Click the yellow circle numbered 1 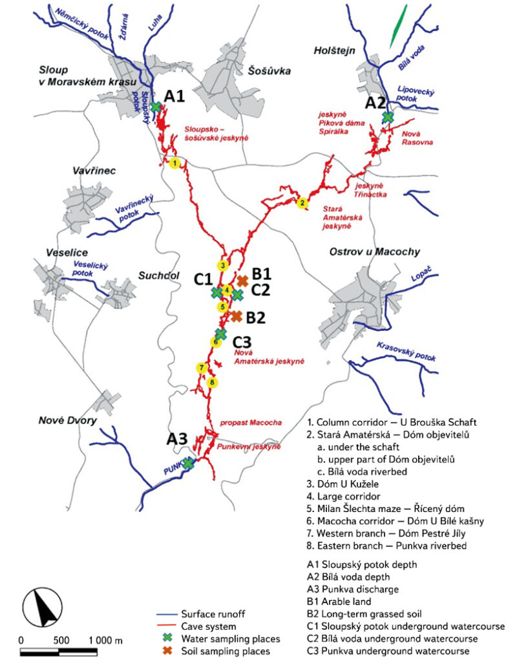(x=174, y=163)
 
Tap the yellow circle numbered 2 (x=302, y=203)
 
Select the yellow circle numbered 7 (x=202, y=368)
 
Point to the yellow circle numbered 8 (x=212, y=383)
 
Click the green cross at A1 (x=156, y=107)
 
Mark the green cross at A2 (x=387, y=116)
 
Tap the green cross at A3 (x=188, y=463)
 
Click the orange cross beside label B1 (x=242, y=281)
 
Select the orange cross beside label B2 (x=236, y=315)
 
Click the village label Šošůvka (x=269, y=71)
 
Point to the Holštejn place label (x=334, y=50)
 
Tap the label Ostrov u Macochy (x=375, y=252)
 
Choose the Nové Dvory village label (x=67, y=420)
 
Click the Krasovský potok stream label (x=406, y=351)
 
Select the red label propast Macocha (x=251, y=423)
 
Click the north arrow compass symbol (x=41, y=608)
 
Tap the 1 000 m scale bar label (x=105, y=641)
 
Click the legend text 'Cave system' (x=209, y=626)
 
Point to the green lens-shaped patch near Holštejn (x=398, y=26)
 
